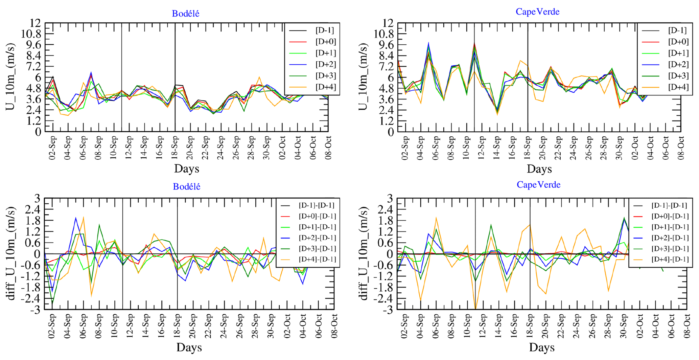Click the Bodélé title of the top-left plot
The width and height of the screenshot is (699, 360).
click(186, 14)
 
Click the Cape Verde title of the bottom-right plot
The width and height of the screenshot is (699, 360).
click(538, 184)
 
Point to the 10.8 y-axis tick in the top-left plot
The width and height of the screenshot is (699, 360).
click(31, 34)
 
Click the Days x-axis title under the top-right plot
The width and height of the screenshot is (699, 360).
click(539, 169)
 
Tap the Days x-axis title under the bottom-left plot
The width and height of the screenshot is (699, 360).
click(189, 347)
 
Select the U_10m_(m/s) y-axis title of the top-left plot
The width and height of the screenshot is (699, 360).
click(10, 77)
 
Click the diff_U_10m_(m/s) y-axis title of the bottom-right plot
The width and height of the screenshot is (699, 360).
click(363, 254)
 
